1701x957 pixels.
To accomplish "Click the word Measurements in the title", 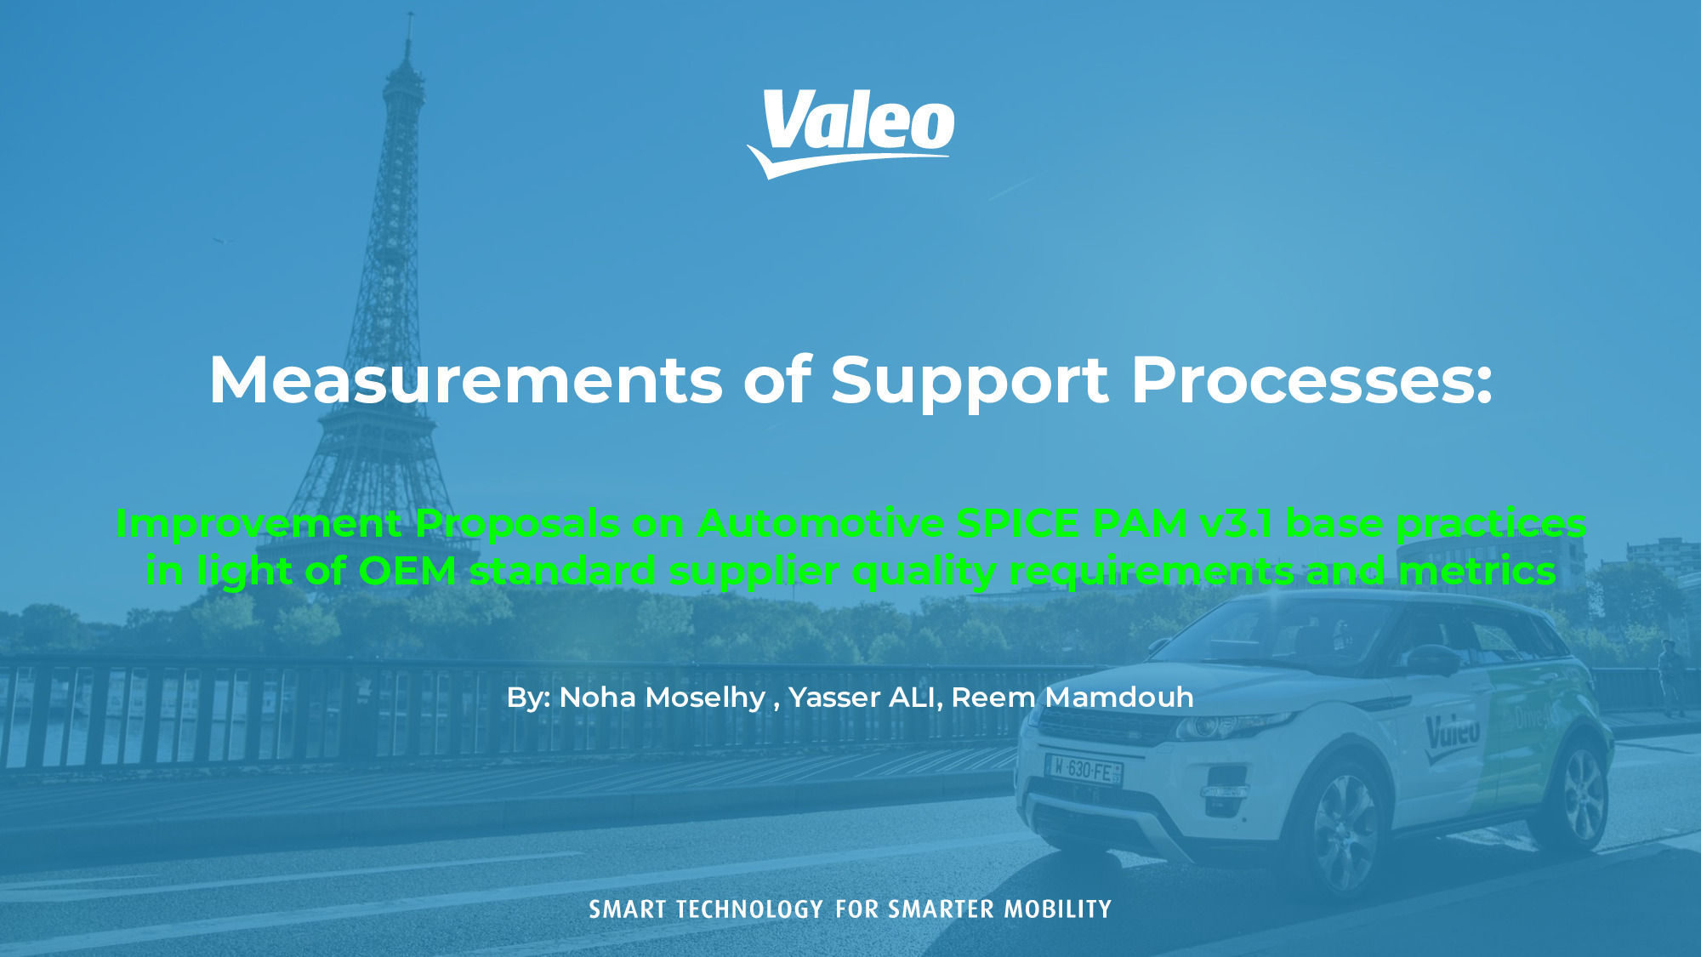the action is pos(466,379).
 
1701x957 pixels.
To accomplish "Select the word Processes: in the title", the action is pos(1311,379).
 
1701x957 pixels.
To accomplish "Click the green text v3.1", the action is pos(1236,524).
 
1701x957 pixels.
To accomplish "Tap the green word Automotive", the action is pos(820,524).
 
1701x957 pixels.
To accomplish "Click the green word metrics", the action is pos(1477,571).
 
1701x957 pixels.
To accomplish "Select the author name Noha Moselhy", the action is pos(663,698).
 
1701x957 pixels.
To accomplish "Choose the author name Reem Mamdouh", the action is pos(1072,698).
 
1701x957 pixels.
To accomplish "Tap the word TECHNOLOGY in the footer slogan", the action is pos(750,909).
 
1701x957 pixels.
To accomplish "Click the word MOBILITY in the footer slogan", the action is pos(1058,909).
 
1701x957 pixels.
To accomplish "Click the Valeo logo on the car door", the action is pos(1453,732).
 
